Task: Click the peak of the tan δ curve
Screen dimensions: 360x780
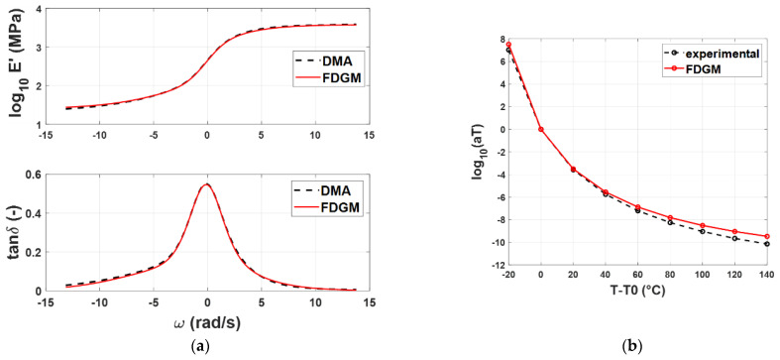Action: pos(206,183)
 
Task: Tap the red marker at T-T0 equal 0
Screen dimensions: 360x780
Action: pos(540,129)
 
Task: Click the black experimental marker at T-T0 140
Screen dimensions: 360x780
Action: pos(767,244)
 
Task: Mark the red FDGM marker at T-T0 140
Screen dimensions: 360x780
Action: pos(767,236)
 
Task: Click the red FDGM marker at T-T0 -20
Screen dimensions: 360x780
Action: pos(508,44)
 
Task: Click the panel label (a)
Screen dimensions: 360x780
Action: pos(206,350)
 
